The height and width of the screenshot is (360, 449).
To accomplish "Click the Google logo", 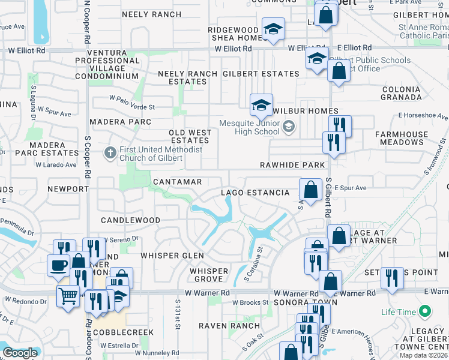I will [20, 353].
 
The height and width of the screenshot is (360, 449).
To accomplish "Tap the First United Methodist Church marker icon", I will [109, 152].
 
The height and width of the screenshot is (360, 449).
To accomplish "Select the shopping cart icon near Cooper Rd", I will [68, 295].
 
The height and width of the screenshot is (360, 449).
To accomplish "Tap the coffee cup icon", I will [58, 265].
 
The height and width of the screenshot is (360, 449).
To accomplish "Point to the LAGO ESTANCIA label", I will [255, 193].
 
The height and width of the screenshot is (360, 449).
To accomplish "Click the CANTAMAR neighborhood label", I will [177, 181].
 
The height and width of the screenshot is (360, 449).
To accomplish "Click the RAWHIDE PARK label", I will [292, 165].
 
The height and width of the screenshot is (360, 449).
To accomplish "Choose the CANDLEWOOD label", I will [130, 221].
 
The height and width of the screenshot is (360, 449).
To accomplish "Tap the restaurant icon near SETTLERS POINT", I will [392, 277].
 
